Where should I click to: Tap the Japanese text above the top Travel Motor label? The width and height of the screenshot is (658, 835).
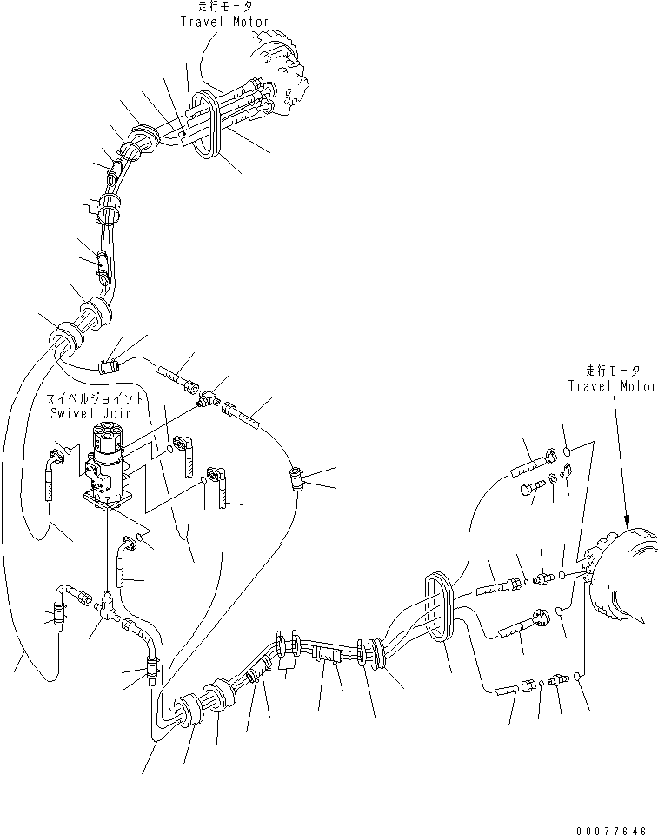pos(224,6)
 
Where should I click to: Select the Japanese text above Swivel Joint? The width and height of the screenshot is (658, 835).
pos(94,398)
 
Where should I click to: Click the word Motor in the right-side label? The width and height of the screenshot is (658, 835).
pos(638,385)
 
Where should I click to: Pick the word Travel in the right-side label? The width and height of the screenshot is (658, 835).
pos(590,385)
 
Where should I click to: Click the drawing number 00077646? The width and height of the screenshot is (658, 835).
pos(611,830)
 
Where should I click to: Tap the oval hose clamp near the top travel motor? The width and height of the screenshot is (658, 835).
pos(205,124)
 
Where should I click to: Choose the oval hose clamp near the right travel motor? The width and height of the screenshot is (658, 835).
pos(439,607)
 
